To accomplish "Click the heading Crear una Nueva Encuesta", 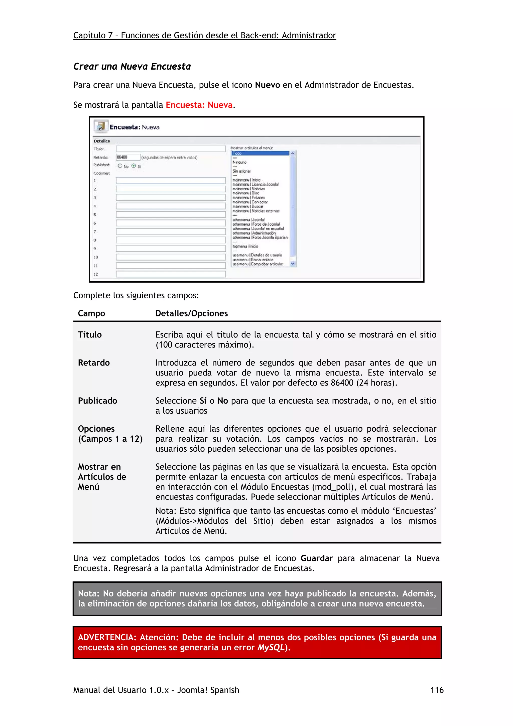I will click(132, 66).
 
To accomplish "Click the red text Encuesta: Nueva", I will click(199, 105).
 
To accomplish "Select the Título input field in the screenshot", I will click(171, 149).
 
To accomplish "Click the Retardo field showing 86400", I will click(128, 157).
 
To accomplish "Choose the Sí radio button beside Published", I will click(134, 166).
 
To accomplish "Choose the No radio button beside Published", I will click(120, 166).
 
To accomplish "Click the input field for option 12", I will click(171, 274).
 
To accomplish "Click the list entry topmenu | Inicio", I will click(245, 246).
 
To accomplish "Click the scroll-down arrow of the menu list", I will click(292, 264).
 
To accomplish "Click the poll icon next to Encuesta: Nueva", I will click(100, 126).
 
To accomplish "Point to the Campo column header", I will click(91, 313).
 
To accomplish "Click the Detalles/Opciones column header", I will click(192, 313).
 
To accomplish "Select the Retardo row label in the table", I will click(94, 363).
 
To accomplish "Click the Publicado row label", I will click(97, 401).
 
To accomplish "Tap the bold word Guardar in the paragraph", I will click(316, 558).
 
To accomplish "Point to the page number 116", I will click(437, 690).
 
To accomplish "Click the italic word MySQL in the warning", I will click(271, 647).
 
